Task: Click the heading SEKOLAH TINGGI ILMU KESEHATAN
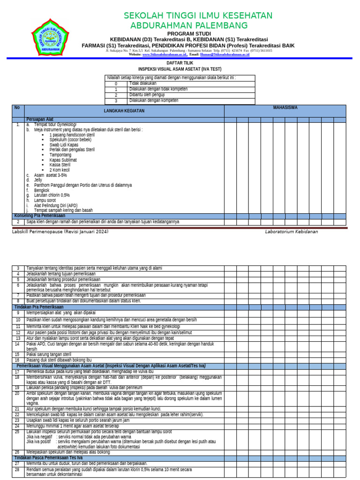coord(198,15)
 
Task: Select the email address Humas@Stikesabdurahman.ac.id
coord(225,54)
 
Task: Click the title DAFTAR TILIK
coord(180,62)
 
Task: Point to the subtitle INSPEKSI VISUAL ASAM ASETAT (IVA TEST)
coord(180,69)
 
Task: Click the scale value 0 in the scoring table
coord(116,83)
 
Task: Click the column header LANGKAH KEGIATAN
coord(124,111)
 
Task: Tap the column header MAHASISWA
coord(285,108)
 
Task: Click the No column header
coord(17,108)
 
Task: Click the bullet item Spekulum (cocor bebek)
coord(70,140)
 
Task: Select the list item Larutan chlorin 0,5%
coord(52,195)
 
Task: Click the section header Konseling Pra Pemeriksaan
coord(40,216)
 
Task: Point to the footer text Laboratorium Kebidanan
coord(291,232)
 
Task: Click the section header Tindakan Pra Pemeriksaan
coord(39,307)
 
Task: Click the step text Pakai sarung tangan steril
coord(49,354)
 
